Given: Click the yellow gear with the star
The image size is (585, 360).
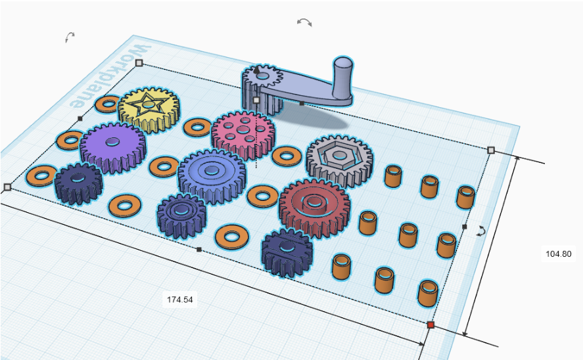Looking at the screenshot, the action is (149, 109).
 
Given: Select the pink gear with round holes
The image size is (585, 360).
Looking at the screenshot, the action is (243, 133).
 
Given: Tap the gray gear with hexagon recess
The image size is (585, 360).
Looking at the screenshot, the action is (340, 160).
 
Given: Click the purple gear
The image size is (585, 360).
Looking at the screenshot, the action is (112, 147).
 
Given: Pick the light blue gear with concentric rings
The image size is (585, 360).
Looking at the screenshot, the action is (212, 175).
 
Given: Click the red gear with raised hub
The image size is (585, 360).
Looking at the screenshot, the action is (314, 207).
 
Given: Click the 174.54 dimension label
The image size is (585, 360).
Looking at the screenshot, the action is (180, 300).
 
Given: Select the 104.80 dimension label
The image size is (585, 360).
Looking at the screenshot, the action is (558, 254).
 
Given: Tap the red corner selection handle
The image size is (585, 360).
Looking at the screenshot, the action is (431, 325).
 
